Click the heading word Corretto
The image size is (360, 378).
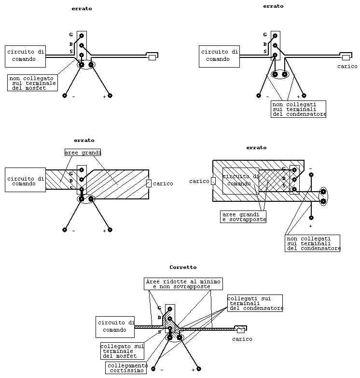(183, 267)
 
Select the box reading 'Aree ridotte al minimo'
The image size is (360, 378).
(183, 284)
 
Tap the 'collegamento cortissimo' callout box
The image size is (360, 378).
(126, 368)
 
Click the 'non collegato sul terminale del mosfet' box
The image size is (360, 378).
(32, 83)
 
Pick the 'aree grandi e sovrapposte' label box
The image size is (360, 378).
(243, 217)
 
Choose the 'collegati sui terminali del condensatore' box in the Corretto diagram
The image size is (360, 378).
(255, 303)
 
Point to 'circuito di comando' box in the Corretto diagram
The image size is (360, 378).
(115, 327)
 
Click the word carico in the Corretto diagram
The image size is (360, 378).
(242, 339)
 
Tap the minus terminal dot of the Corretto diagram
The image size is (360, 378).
(153, 369)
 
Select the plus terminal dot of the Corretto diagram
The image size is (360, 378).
(198, 369)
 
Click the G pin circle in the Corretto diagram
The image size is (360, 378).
(170, 309)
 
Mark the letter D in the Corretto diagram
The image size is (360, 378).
(159, 318)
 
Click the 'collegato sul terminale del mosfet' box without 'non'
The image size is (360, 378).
(122, 351)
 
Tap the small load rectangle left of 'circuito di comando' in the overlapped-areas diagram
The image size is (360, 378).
(213, 181)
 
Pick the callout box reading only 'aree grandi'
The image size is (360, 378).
(83, 153)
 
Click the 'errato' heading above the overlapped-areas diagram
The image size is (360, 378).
(256, 148)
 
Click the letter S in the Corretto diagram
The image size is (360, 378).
(159, 332)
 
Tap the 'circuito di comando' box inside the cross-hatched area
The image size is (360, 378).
(241, 181)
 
